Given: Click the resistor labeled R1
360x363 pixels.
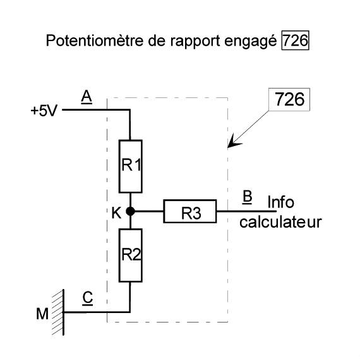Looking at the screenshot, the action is pyautogui.click(x=130, y=166).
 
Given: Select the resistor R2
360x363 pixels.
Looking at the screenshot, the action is pyautogui.click(x=130, y=255).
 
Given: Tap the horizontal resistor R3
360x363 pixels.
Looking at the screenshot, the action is pyautogui.click(x=190, y=211).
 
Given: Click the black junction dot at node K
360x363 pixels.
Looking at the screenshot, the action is pyautogui.click(x=130, y=211).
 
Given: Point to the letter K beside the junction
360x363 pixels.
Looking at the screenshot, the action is pyautogui.click(x=116, y=213).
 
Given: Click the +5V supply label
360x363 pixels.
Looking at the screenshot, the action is pyautogui.click(x=44, y=111).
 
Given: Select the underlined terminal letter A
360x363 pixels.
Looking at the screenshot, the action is pyautogui.click(x=87, y=97).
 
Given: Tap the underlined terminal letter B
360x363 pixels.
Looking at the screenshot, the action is pyautogui.click(x=247, y=197).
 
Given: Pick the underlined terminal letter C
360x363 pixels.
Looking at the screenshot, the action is pyautogui.click(x=88, y=298).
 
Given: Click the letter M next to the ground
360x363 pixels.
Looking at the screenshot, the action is pyautogui.click(x=42, y=314).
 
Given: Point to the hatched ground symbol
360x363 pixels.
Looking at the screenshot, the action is pyautogui.click(x=59, y=312).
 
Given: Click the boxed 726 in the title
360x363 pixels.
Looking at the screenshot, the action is pyautogui.click(x=295, y=40).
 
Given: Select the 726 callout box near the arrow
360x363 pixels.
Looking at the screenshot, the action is pyautogui.click(x=289, y=99).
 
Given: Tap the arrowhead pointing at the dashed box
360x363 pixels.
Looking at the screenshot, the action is pyautogui.click(x=233, y=142).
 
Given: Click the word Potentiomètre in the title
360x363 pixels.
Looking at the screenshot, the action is pyautogui.click(x=95, y=40).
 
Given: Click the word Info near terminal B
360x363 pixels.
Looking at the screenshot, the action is pyautogui.click(x=280, y=202).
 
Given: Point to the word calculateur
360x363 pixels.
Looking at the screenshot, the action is pyautogui.click(x=280, y=222).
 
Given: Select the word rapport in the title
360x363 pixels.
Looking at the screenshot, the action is pyautogui.click(x=195, y=42).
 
